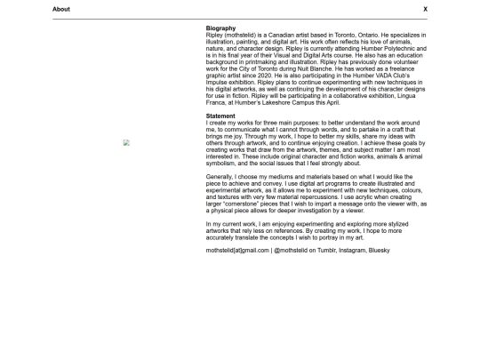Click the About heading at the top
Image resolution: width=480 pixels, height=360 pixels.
click(x=61, y=9)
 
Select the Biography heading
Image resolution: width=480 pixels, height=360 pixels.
click(x=220, y=28)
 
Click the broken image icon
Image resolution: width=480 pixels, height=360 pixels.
click(x=126, y=142)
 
